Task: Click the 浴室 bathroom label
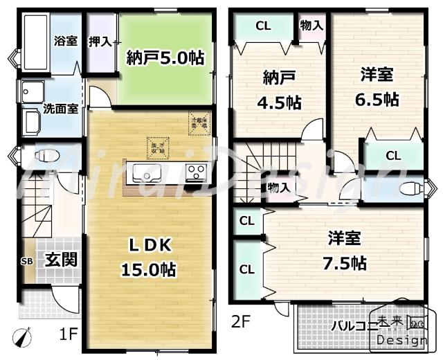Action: tap(66, 40)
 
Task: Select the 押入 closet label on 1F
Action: tap(100, 41)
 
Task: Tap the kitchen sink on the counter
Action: tap(147, 172)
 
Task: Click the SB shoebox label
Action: tap(27, 260)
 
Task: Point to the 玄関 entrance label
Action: tap(61, 260)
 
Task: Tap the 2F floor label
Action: tap(239, 321)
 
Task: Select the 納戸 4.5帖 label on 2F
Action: tap(279, 90)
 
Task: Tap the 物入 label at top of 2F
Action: tap(312, 25)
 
